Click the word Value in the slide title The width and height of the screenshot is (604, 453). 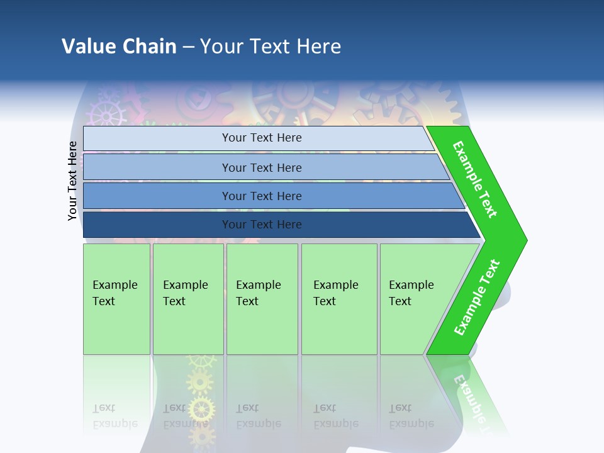[88, 47]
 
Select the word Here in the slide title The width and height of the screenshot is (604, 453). [318, 47]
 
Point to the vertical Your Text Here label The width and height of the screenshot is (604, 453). [72, 181]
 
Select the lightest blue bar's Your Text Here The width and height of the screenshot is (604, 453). [261, 138]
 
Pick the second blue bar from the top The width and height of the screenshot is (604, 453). [261, 167]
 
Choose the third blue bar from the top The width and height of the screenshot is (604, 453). [261, 196]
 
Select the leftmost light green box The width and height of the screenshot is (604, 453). [116, 299]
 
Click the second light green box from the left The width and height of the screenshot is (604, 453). [187, 299]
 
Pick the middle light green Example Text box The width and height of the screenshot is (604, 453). [262, 299]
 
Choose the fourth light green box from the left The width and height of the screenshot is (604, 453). [339, 299]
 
